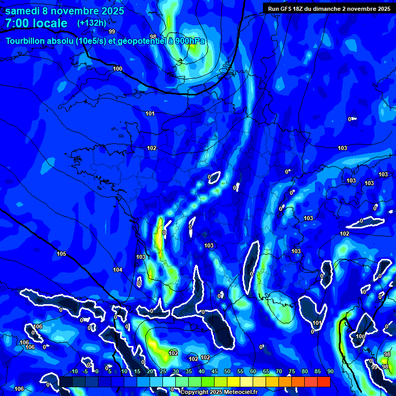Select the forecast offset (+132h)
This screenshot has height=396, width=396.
(92, 23)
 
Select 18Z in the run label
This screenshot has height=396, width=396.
(301, 8)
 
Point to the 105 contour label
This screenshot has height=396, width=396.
(61, 254)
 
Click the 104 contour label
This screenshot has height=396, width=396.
(118, 270)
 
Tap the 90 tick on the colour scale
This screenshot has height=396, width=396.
(330, 371)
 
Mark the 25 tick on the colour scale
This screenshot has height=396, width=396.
(163, 371)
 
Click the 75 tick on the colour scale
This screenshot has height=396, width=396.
(291, 371)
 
